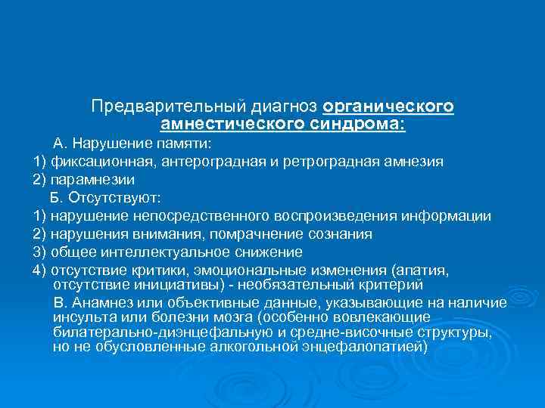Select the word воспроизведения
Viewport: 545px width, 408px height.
click(333, 216)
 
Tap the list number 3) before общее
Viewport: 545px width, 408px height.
click(40, 252)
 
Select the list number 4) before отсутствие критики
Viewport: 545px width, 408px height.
click(40, 270)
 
